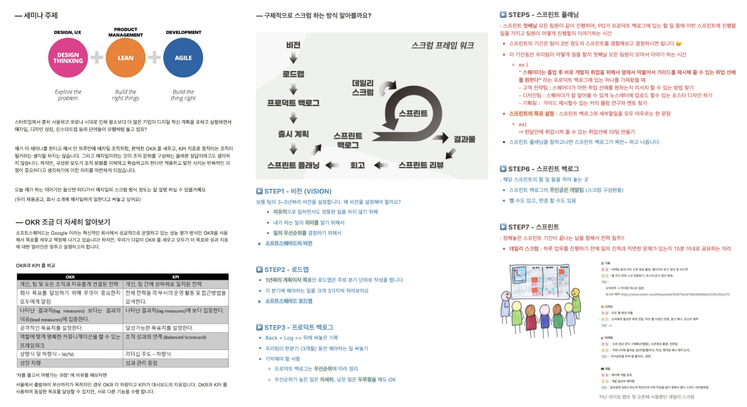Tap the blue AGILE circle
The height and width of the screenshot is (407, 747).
point(183,58)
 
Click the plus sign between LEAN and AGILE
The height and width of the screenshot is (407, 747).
point(154,58)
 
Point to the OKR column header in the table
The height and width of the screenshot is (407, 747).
point(70,277)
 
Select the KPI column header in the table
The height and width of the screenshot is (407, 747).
point(176,277)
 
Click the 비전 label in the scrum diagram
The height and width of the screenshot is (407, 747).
point(293,45)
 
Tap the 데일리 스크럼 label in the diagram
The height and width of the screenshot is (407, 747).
point(362,87)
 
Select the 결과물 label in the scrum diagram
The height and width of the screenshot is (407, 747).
point(464,139)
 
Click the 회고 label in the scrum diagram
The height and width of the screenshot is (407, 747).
point(357,165)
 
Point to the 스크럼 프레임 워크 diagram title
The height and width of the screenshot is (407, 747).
point(442,45)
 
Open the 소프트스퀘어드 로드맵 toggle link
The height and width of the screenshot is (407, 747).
point(288,301)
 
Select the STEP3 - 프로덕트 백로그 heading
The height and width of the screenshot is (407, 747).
point(299,327)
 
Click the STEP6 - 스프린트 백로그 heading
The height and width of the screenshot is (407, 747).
point(543,169)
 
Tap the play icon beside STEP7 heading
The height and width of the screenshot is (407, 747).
point(503,227)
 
